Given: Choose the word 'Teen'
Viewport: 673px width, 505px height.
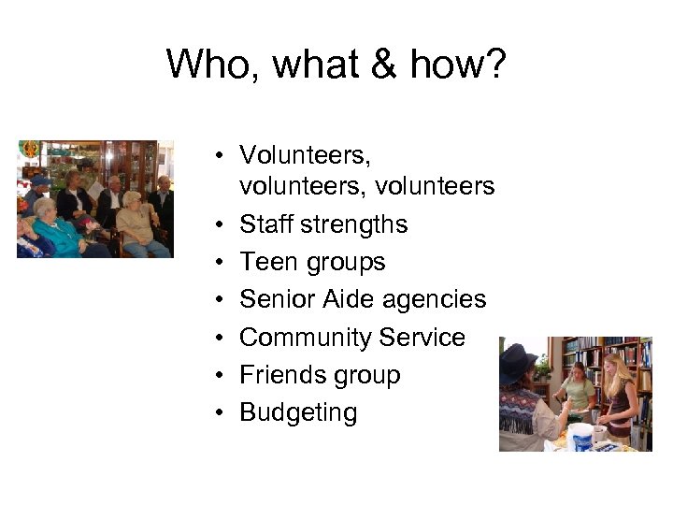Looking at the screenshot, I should (265, 262).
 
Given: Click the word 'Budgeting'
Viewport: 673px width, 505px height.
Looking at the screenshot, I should (298, 413).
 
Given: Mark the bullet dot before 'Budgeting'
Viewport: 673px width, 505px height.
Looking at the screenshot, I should (216, 413).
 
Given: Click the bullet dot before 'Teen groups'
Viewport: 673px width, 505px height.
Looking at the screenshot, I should (216, 262).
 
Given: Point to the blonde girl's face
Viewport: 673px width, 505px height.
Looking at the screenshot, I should (614, 365).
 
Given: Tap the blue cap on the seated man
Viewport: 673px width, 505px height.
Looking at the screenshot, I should (36, 180).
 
